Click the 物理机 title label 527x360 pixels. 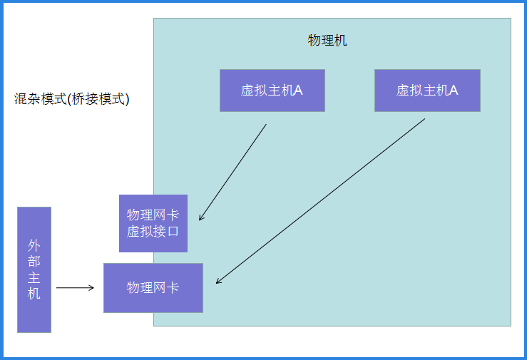(327, 41)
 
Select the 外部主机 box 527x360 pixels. (34, 269)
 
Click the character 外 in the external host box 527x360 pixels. (34, 245)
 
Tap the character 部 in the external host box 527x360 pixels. (34, 261)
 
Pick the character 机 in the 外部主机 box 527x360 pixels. (34, 292)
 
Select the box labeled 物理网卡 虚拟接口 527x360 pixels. (153, 223)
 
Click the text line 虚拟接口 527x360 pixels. (153, 232)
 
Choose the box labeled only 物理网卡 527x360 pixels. (153, 288)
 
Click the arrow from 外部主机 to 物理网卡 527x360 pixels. (74, 288)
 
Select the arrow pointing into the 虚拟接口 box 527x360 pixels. (233, 171)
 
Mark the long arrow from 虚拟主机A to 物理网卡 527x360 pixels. (321, 200)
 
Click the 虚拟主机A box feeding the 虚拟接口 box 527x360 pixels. (272, 91)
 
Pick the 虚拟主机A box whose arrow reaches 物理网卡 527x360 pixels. (427, 91)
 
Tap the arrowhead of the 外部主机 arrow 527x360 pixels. (91, 288)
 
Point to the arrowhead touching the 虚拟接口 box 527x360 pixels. (202, 217)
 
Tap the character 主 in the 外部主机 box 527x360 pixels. (34, 277)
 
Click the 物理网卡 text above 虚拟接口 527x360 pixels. (153, 215)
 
